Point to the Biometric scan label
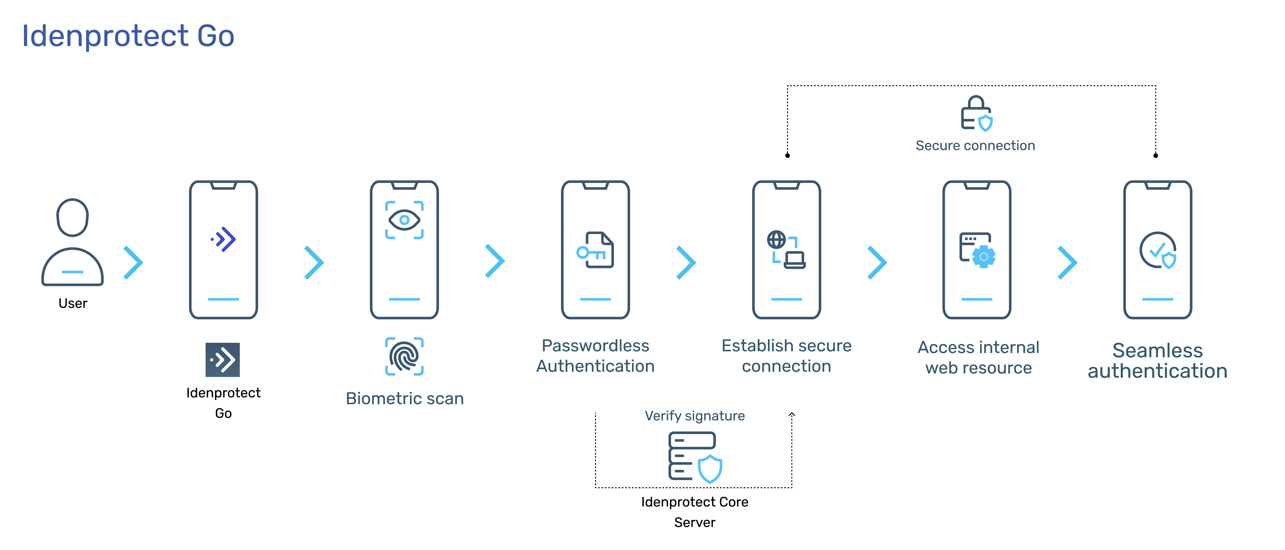(405, 398)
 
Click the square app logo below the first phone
(222, 360)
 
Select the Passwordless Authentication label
(595, 356)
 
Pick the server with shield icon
(695, 457)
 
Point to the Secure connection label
(975, 146)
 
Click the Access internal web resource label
(978, 357)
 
